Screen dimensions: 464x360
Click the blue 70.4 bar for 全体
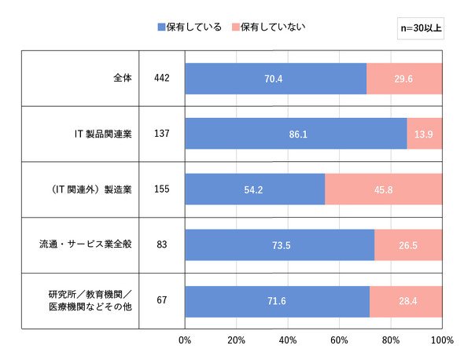coord(276,79)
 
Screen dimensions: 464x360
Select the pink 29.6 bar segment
coord(404,79)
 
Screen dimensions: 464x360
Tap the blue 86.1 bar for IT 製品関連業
coord(296,134)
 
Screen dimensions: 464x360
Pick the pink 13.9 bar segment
coord(425,134)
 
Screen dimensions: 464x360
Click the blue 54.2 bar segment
coord(255,189)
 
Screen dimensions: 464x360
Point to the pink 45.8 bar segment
coord(384,189)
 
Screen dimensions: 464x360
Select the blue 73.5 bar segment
coord(280,245)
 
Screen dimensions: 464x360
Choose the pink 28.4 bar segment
coord(406,301)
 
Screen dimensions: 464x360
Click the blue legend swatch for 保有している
coord(161,28)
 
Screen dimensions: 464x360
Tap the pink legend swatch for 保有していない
coord(236,28)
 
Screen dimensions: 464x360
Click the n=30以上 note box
coord(421,28)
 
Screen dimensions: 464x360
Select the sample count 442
coord(162,78)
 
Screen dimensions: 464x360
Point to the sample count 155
coord(162,189)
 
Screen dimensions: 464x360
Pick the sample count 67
coord(162,300)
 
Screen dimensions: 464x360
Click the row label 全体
coord(123,78)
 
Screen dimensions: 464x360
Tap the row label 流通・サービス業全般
coord(86,244)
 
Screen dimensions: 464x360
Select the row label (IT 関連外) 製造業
coord(91,189)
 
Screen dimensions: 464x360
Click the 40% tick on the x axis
coord(288,340)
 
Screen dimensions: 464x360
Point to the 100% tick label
coord(442,340)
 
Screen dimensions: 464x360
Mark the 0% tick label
coord(185,340)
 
